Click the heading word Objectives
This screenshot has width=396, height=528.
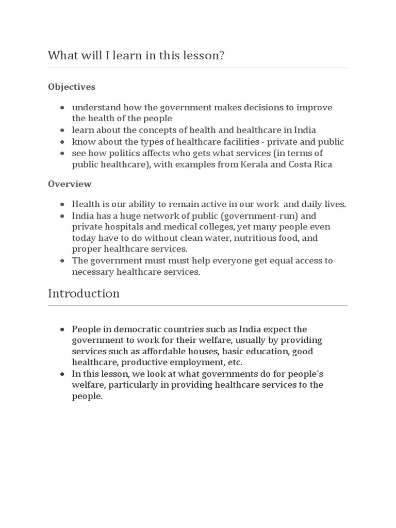pos(72,87)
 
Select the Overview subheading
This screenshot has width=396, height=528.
pos(70,184)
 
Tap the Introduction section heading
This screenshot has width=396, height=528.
pos(84,293)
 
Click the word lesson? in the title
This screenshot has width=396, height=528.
pos(205,55)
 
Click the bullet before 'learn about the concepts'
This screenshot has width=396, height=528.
pos(62,130)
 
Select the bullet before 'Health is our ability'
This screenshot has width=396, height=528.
pos(62,205)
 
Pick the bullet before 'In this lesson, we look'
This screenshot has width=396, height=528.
pos(62,374)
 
